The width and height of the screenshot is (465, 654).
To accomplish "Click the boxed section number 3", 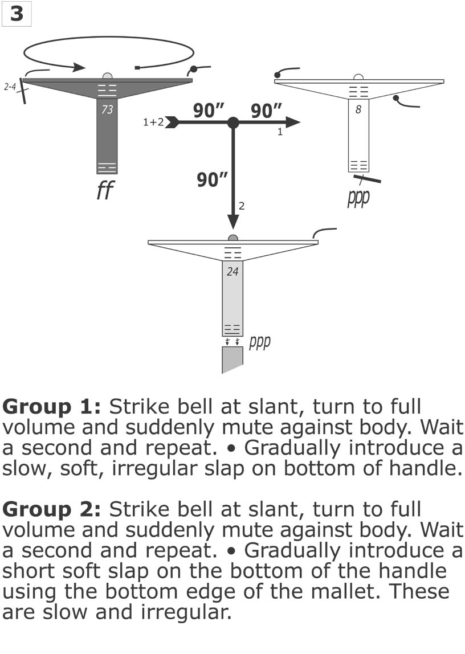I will point(16,14).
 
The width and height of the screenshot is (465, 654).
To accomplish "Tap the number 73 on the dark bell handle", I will point(107,110).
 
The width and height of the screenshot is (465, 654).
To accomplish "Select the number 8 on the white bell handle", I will point(358,110).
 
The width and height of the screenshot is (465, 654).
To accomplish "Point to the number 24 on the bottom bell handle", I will point(232,272).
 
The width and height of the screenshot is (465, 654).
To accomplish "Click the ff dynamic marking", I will point(104,191).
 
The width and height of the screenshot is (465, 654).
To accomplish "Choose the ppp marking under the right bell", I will point(358,198).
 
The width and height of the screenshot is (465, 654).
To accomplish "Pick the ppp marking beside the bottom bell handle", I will point(259,343).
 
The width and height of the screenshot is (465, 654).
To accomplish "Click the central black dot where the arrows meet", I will point(232,122).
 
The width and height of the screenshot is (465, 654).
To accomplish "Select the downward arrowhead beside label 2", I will point(232,222).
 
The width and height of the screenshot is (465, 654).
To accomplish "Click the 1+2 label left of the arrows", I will point(153,122).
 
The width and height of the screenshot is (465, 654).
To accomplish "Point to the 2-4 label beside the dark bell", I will point(10,88).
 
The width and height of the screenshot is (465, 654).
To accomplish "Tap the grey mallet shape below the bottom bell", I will point(232,360).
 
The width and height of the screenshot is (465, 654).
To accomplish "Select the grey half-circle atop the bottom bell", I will point(232,238).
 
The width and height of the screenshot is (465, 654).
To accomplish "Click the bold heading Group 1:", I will point(52,407).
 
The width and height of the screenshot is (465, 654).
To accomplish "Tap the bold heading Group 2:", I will point(52,509).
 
